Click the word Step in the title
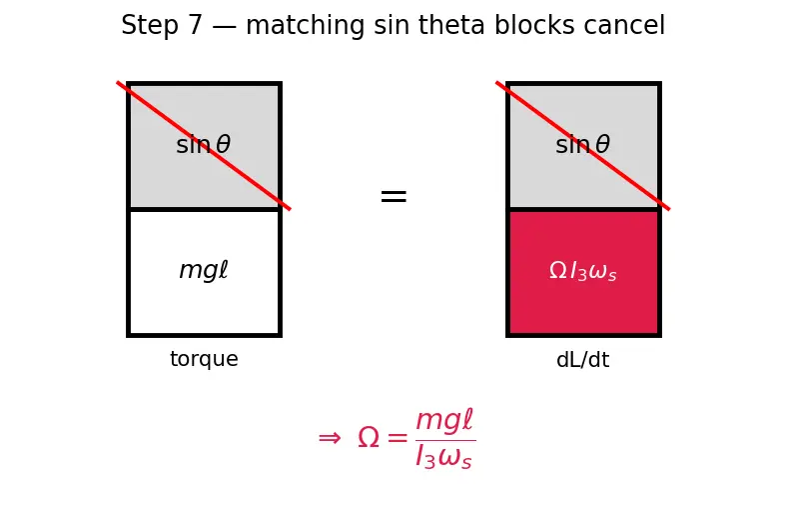click(150, 26)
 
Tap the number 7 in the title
click(195, 25)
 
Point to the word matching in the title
click(305, 26)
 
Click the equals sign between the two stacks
click(393, 196)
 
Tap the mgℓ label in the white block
click(204, 270)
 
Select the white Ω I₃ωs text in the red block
click(582, 271)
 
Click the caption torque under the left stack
click(204, 359)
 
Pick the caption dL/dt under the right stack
click(583, 360)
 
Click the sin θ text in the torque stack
click(203, 145)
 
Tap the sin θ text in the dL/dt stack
click(582, 145)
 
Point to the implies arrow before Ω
click(330, 438)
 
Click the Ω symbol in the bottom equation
click(369, 437)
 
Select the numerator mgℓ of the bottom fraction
click(444, 420)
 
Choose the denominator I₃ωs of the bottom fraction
click(444, 456)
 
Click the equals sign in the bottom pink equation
click(397, 438)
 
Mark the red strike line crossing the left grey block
click(204, 146)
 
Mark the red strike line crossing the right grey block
click(583, 146)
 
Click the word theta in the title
click(451, 25)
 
